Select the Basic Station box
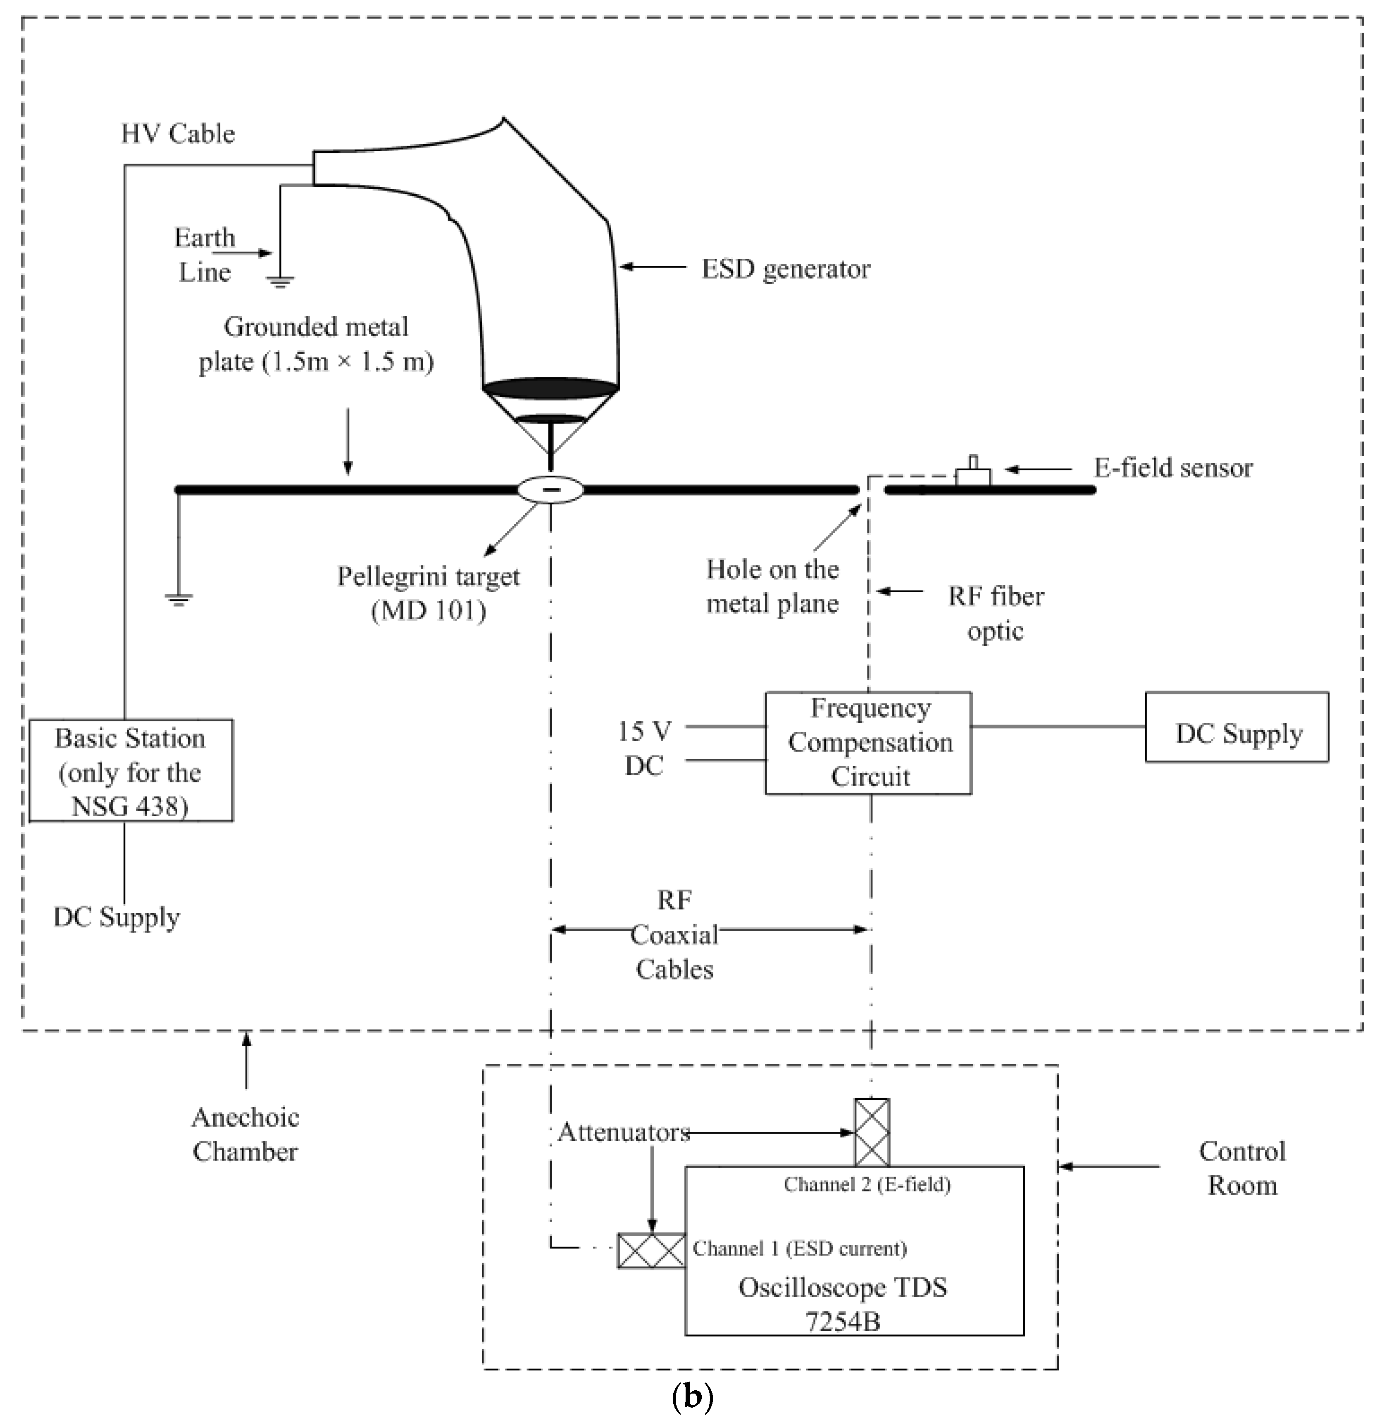131,771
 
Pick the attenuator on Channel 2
871,1132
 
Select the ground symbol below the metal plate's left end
178,599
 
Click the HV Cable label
178,134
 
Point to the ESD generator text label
785,269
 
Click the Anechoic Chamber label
245,1134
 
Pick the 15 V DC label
644,748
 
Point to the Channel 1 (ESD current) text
799,1249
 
